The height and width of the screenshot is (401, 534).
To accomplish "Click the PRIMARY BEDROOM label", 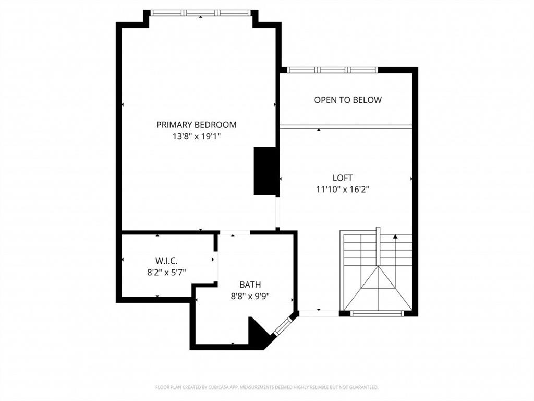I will (x=196, y=125).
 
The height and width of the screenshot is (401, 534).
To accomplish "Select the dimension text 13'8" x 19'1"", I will (x=196, y=136).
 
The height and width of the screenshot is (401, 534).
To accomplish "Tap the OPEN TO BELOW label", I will (x=347, y=100).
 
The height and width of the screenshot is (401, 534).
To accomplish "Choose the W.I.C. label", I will (x=167, y=261).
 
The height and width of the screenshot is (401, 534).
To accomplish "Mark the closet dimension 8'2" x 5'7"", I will (x=167, y=272).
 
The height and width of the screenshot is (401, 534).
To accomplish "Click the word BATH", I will (x=250, y=285).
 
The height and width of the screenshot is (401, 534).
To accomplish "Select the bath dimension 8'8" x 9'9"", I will (x=253, y=296).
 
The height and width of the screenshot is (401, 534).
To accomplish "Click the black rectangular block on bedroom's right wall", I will (x=264, y=171).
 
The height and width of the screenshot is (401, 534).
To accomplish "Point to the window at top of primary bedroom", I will (x=201, y=13).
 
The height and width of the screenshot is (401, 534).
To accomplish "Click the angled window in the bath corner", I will (x=282, y=326).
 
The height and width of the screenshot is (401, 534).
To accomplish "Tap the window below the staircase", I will (x=376, y=314).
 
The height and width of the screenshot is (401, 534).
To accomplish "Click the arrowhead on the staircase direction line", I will (x=395, y=237).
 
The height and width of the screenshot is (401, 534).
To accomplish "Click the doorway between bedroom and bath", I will (x=234, y=232).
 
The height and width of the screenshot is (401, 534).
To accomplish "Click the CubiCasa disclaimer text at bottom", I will (x=266, y=387).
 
